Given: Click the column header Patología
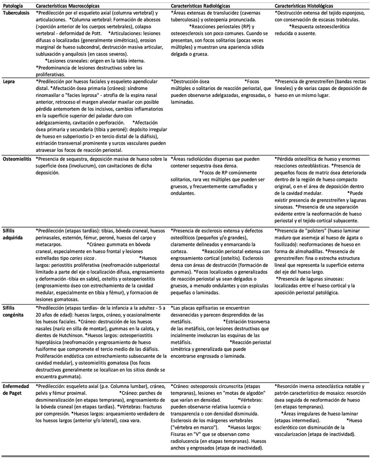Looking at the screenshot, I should [x=13, y=4].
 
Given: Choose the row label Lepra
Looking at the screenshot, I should [x=9, y=81].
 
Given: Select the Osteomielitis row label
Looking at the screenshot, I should [x=17, y=159].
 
